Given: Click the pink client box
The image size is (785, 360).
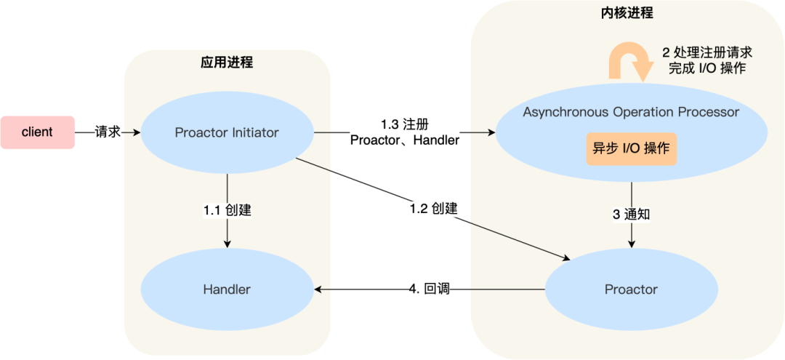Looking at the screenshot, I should coord(37,132).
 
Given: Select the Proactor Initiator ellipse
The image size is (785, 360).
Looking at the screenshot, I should coord(227,133).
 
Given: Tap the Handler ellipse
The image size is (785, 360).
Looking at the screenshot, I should coord(227,289).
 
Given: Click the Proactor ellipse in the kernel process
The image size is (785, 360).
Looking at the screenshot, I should coord(631,289).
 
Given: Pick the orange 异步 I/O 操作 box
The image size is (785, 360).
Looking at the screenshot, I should coord(631,149).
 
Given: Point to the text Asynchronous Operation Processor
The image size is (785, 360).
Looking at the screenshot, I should coord(631,113).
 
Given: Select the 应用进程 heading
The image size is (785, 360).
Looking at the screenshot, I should coord(227,63).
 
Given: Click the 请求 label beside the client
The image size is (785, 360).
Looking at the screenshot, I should coord(108,132).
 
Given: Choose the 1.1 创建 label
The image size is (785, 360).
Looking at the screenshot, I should coord(227,210).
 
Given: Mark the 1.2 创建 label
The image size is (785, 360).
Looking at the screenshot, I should coord(433,208).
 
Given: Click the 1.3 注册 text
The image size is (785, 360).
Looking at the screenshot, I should coord(405,124).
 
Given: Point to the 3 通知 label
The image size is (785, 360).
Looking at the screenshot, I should coord(631,215).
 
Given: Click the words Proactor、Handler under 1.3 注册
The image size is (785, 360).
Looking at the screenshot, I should coord(405,140).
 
